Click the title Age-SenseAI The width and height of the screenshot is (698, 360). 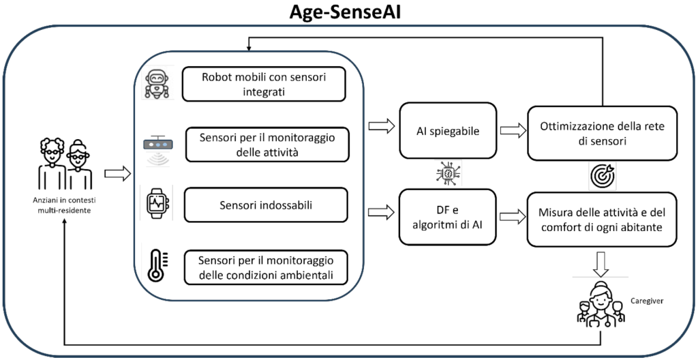[345, 12]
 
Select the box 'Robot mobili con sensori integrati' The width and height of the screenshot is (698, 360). [264, 85]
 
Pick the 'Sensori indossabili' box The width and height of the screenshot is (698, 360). [266, 205]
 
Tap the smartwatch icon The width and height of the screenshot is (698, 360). [157, 204]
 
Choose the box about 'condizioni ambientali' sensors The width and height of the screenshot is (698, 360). [267, 267]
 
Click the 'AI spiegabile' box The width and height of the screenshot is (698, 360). [447, 131]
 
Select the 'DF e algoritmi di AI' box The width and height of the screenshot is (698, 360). [447, 217]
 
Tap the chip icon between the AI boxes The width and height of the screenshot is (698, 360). [448, 174]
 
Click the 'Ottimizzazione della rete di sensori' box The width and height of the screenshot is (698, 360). [603, 133]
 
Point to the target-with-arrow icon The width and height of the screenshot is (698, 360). [603, 176]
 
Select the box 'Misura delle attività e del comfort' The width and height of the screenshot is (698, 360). [603, 220]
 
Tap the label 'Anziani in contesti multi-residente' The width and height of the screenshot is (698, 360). [65, 205]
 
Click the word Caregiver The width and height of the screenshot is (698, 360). [647, 301]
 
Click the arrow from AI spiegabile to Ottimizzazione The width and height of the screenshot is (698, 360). [513, 131]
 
